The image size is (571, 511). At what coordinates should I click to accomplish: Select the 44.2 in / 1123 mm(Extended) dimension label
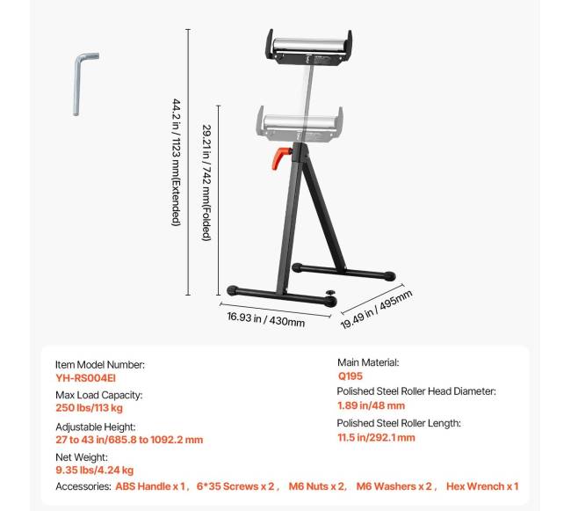[x=177, y=162]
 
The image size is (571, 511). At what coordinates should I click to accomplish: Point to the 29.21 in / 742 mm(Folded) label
[x=206, y=183]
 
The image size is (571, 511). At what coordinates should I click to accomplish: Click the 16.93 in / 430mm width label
[x=266, y=319]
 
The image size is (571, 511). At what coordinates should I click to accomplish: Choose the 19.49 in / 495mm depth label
[x=376, y=310]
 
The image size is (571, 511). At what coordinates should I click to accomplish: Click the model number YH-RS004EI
[x=85, y=378]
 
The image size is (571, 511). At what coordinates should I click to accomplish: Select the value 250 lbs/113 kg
[x=90, y=407]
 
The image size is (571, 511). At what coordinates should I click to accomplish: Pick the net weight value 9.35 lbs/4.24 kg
[x=95, y=470]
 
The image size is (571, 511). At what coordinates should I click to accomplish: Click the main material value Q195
[x=351, y=376]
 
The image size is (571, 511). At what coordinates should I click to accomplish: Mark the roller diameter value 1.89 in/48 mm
[x=371, y=405]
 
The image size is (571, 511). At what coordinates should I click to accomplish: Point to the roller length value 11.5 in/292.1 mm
[x=376, y=437]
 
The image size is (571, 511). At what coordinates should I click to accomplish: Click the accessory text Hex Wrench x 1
[x=482, y=486]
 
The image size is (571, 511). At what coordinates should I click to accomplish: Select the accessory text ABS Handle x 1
[x=150, y=486]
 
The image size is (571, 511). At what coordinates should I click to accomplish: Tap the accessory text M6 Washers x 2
[x=394, y=486]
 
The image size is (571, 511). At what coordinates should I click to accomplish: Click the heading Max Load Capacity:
[x=99, y=395]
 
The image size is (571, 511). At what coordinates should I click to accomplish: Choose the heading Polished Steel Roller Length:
[x=399, y=423]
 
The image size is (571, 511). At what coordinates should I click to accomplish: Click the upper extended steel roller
[x=309, y=45]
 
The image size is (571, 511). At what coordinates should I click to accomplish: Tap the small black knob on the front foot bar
[x=330, y=293]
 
